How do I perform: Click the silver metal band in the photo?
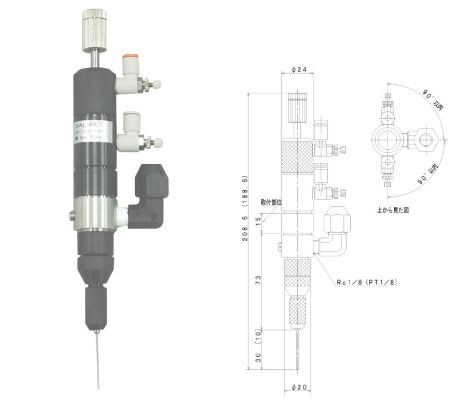tap(97, 213)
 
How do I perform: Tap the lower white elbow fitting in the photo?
tap(128, 138)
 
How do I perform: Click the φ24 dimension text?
tap(298, 70)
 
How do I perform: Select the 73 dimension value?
tap(259, 280)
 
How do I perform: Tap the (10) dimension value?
tap(259, 334)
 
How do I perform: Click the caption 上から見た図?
tap(394, 210)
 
